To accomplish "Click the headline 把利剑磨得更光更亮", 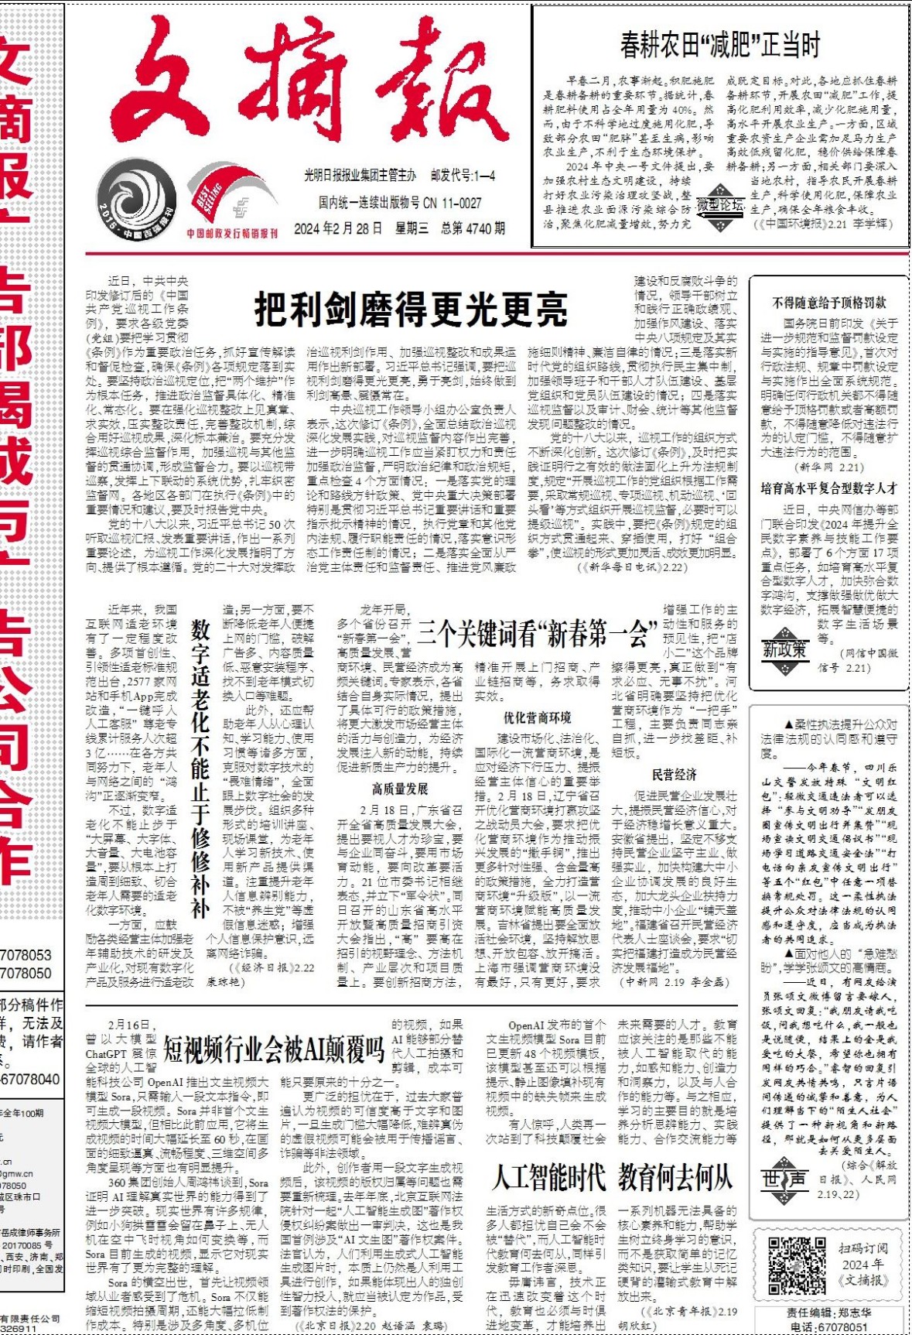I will coord(411,310).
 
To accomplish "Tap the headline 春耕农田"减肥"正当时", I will coord(719,45).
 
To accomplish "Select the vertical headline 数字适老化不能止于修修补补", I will coord(200,769).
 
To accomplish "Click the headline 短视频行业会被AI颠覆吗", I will coord(274,1049).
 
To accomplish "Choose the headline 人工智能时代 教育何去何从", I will coord(612,1178).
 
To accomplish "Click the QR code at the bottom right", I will coord(796,1265).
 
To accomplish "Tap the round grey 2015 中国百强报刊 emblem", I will coord(136,203).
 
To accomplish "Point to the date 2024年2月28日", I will coord(337,228).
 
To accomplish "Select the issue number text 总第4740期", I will coord(473,228).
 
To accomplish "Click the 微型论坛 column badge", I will coord(720,205).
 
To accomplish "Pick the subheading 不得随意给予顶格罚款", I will coord(829,303).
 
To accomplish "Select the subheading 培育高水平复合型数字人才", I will coord(828,488).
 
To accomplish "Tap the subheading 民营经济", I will coord(674,775).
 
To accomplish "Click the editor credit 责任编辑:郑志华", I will coord(828,1313).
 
